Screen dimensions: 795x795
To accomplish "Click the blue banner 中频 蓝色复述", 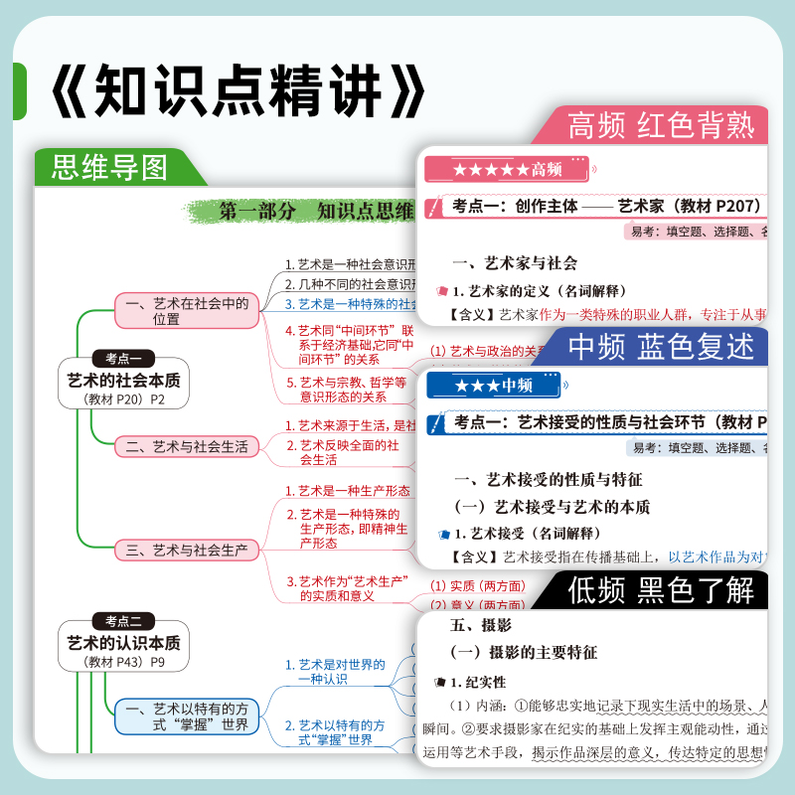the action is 661,346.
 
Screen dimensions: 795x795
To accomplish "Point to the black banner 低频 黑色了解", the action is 661,590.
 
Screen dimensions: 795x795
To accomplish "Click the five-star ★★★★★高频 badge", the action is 506,169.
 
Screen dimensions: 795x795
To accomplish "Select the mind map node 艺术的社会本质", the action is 124,380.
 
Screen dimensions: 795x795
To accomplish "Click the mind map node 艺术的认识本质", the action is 124,643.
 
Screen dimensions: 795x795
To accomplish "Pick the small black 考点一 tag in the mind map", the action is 124,358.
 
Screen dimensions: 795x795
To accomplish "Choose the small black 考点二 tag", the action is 124,621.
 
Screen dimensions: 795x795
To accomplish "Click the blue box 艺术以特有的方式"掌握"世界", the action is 187,716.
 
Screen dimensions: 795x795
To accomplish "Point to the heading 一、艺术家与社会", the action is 514,263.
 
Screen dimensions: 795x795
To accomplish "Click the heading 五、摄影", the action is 481,625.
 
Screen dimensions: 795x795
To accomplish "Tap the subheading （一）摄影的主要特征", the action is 524,652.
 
